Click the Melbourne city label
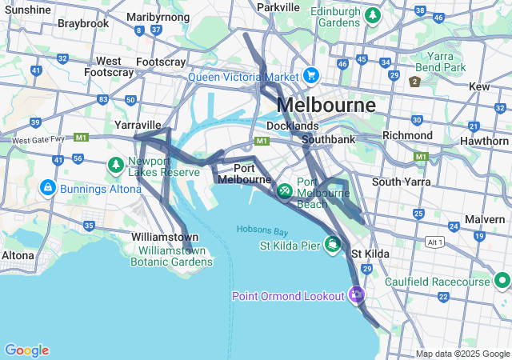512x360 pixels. (x=326, y=105)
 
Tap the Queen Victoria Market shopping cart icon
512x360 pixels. (x=311, y=77)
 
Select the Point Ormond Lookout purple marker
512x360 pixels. (x=357, y=295)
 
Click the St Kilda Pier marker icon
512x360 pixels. (x=333, y=243)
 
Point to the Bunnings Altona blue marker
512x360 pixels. (x=47, y=187)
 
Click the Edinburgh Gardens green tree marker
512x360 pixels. (x=372, y=15)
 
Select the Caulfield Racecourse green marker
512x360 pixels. (x=502, y=281)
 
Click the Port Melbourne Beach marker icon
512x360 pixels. (x=285, y=192)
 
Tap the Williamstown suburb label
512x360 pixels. (x=165, y=238)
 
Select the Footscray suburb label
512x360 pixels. (x=162, y=62)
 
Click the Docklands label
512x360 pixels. (x=292, y=126)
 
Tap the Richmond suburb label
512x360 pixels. (x=407, y=135)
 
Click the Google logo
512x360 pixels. (x=26, y=350)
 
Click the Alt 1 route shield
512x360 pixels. (x=458, y=242)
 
